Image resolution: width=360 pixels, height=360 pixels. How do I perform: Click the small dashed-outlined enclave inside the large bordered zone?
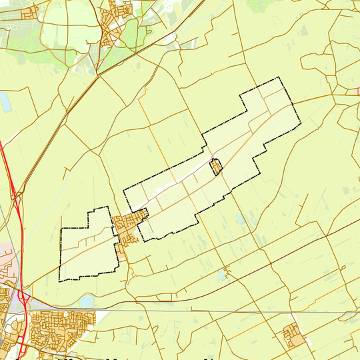216,167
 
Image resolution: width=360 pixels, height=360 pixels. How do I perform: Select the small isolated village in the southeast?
293,334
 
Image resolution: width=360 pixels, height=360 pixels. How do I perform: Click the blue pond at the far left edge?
4,101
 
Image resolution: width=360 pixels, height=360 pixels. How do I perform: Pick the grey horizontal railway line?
200,310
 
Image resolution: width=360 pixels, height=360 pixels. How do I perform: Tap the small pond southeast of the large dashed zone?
239,219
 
